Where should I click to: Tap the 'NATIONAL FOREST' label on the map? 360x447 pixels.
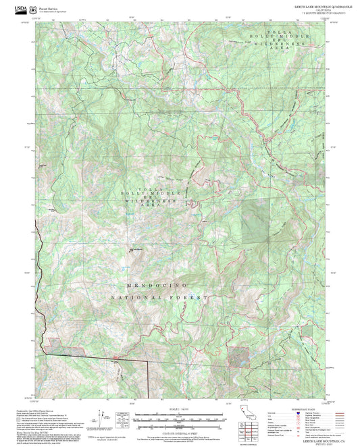[x=160, y=297]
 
